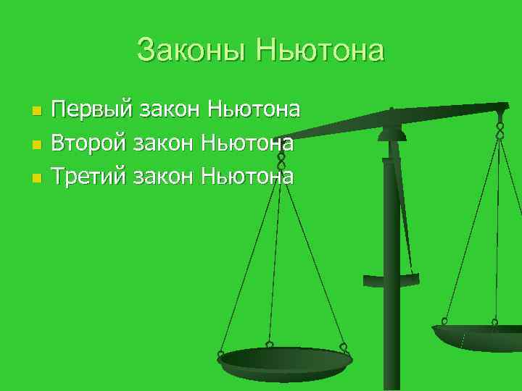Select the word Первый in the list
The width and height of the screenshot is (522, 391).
point(92,110)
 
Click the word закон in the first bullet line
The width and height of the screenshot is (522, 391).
point(170,110)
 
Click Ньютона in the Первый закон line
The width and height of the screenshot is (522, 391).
point(254,110)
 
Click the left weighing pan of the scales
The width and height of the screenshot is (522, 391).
point(284,362)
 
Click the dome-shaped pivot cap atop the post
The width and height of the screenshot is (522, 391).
point(391,133)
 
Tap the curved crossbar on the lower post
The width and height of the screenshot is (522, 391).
point(391,279)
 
